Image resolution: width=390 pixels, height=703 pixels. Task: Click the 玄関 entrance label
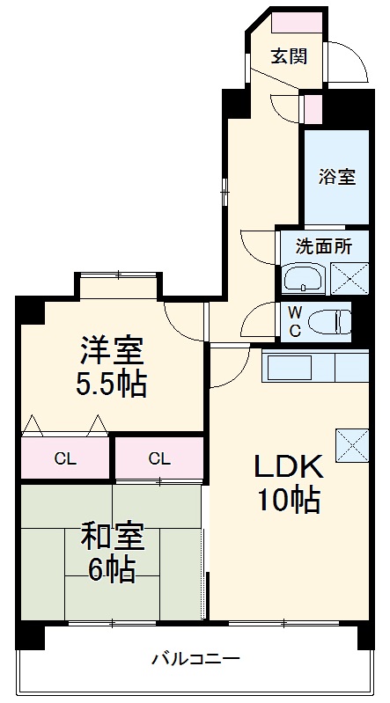288,56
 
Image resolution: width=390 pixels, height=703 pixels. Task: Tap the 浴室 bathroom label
336,176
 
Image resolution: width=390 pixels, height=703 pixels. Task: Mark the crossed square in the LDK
351,444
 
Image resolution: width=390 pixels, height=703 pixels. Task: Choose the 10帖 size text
289,500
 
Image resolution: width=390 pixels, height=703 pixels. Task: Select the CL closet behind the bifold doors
64,458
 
